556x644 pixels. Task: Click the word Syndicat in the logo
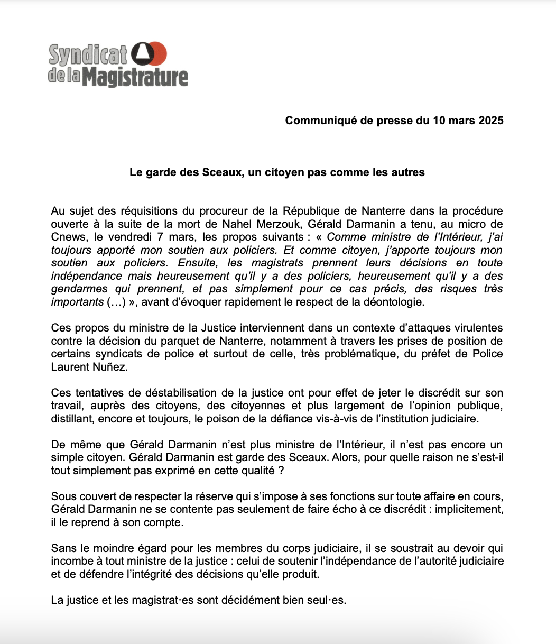pos(88,54)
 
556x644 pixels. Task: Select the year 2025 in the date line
pos(490,121)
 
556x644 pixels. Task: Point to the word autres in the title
pos(408,172)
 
